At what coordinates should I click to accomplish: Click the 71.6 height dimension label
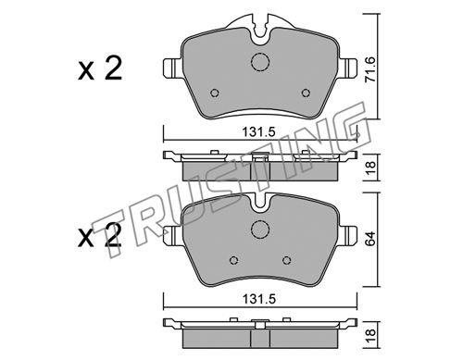click(x=370, y=69)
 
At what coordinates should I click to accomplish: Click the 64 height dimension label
click(x=370, y=238)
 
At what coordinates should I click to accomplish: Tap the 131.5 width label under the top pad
click(x=258, y=132)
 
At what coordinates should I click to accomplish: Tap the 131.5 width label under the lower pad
click(x=258, y=299)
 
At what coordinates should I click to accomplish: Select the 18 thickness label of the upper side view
click(x=370, y=167)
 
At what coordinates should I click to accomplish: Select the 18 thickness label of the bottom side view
click(x=370, y=335)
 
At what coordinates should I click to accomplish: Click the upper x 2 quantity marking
click(x=100, y=69)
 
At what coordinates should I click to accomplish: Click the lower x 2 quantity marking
click(x=100, y=236)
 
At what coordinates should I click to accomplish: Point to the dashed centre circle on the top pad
click(x=260, y=62)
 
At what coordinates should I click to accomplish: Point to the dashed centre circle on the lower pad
click(x=260, y=230)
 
